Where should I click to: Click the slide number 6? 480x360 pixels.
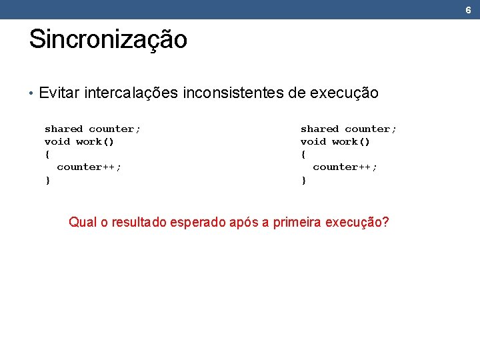point(468,10)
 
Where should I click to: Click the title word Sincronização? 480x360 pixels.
point(108,40)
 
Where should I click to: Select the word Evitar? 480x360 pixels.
point(59,93)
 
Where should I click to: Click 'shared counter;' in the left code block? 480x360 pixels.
point(92,129)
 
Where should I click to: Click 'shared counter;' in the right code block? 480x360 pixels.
point(348,129)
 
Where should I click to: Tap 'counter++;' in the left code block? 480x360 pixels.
point(89,167)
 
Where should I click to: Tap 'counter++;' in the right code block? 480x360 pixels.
point(345,167)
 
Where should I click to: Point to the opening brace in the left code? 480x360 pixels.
point(47,154)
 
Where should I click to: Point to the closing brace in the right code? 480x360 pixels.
point(303,180)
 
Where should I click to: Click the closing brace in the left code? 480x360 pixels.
point(47,180)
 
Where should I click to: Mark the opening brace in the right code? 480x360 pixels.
point(303,154)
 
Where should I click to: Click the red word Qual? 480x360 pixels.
point(83,222)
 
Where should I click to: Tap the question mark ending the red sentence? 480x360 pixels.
point(386,222)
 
